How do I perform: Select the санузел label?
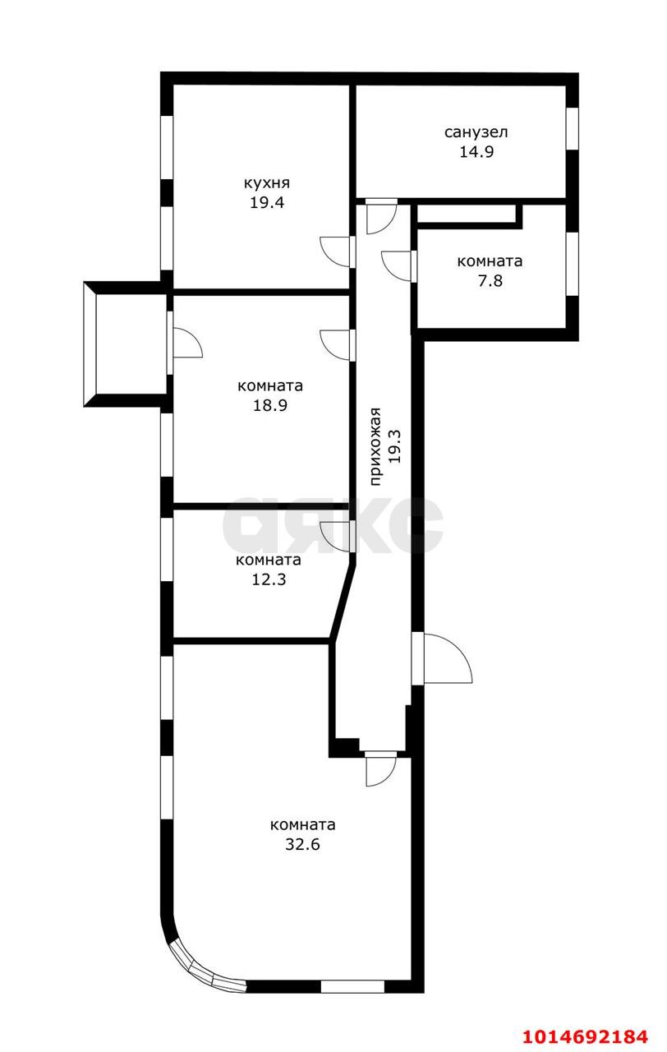tap(476, 131)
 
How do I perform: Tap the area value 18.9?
tap(269, 405)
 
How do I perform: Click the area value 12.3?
tap(268, 579)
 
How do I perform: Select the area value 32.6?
tap(302, 844)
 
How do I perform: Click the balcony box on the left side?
tap(126, 344)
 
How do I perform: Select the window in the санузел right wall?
tap(573, 127)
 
